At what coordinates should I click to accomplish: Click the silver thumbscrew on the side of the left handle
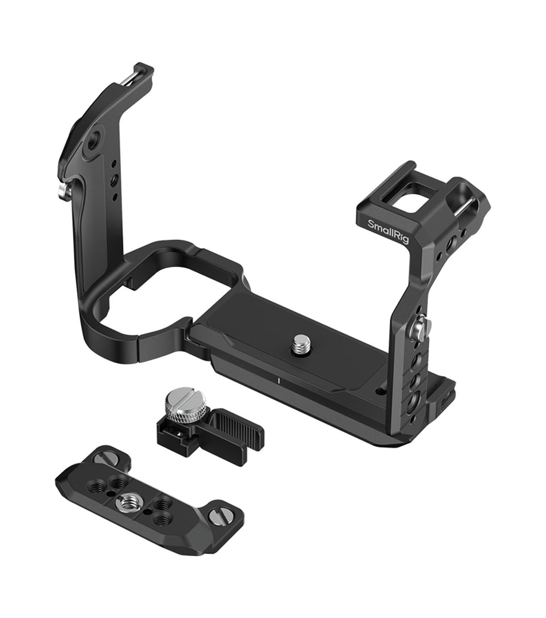[x=64, y=192]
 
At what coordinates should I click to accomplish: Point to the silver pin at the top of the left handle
[x=130, y=77]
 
